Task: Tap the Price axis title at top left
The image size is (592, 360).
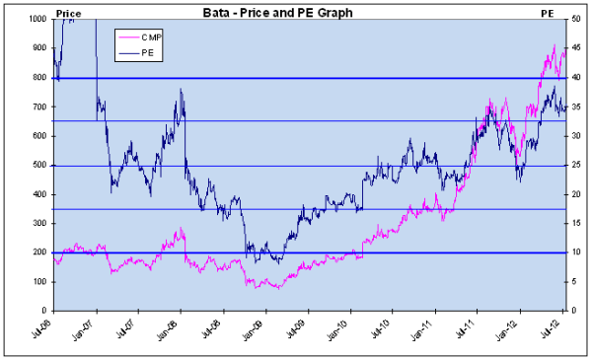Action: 68,10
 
